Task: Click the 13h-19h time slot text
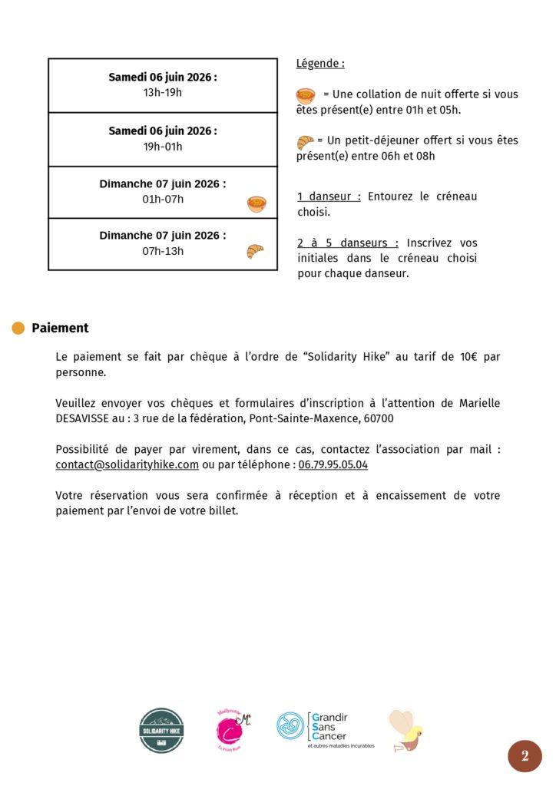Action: [x=163, y=93]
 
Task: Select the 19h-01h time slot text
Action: [x=163, y=147]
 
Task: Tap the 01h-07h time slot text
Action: [x=163, y=200]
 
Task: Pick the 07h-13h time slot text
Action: [x=163, y=251]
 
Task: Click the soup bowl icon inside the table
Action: [x=256, y=204]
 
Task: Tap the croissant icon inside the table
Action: [x=255, y=251]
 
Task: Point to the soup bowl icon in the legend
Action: [x=306, y=96]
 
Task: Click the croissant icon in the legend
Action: [x=305, y=142]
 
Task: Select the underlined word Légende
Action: [x=320, y=64]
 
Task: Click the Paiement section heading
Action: [x=60, y=329]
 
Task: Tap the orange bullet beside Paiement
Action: [x=18, y=329]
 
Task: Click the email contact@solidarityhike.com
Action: [x=127, y=465]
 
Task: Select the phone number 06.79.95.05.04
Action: [x=333, y=465]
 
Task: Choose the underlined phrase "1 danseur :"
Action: [x=329, y=196]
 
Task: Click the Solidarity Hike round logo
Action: [x=161, y=730]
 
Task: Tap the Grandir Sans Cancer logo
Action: [x=326, y=729]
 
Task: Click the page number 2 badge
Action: [x=525, y=756]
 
